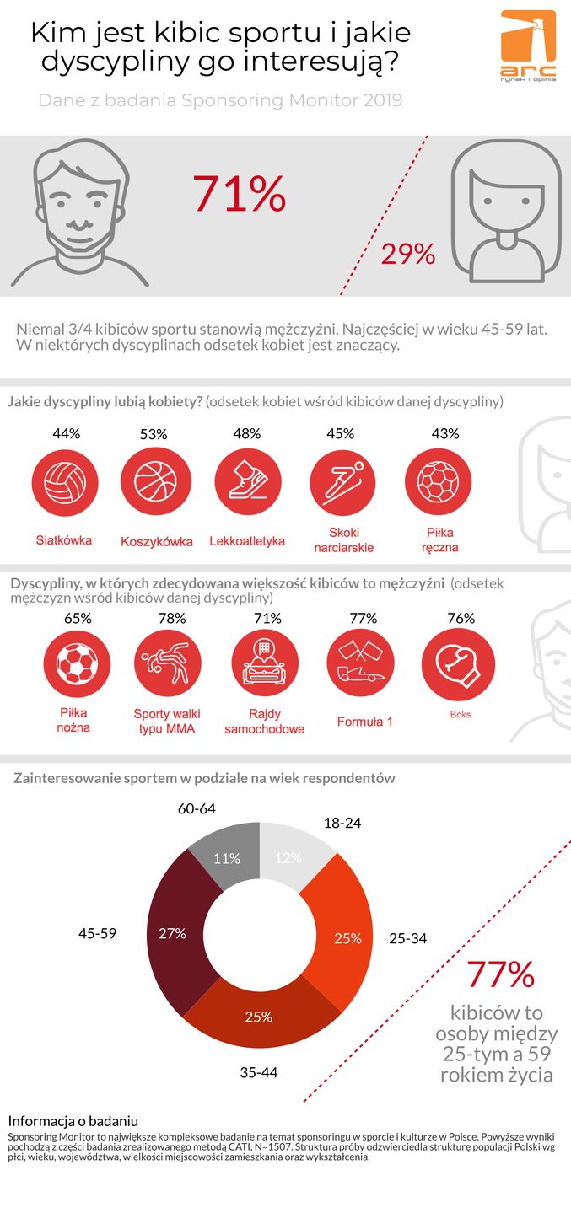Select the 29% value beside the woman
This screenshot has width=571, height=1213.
(408, 254)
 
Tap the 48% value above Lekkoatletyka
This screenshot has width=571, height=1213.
(246, 433)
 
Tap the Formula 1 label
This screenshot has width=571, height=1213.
(364, 722)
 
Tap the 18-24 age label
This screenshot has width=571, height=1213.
(342, 822)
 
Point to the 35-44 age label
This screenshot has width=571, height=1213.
(258, 1073)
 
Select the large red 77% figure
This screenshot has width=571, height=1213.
(501, 974)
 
